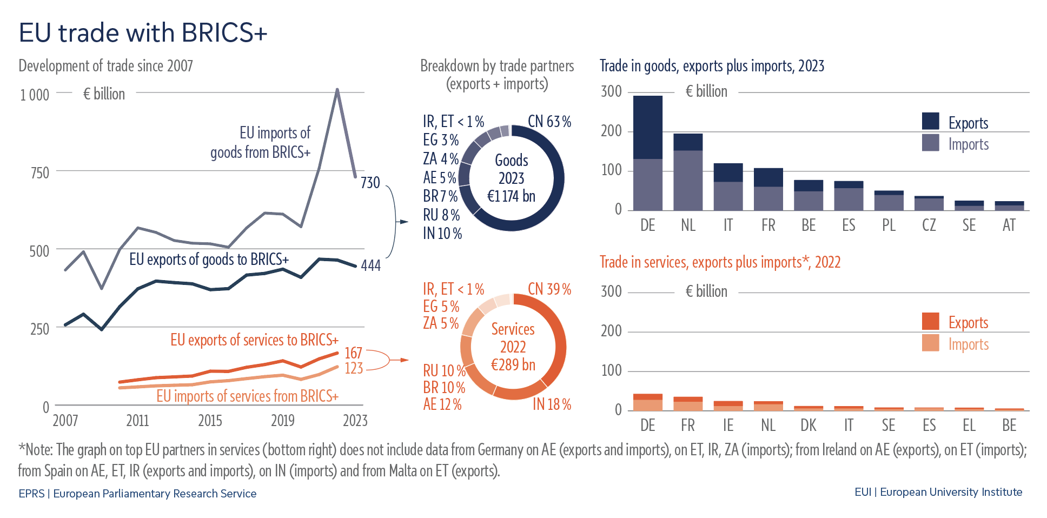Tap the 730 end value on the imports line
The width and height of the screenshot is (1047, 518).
[370, 183]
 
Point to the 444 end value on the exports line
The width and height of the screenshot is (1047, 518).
[371, 265]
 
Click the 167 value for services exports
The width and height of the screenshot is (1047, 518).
[353, 353]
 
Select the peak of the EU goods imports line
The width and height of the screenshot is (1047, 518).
[337, 90]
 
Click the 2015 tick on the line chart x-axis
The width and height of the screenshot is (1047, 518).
[210, 421]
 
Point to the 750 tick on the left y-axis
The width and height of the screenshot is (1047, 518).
[39, 173]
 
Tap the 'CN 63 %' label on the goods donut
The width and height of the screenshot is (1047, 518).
[549, 122]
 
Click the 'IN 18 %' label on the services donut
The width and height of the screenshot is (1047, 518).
[552, 404]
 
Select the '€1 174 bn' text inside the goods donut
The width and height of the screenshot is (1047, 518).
[511, 196]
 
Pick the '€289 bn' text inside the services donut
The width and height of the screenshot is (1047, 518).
[513, 365]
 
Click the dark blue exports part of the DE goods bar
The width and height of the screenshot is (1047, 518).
[647, 127]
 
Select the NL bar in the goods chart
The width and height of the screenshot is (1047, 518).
[688, 172]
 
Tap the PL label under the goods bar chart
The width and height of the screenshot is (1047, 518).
[889, 225]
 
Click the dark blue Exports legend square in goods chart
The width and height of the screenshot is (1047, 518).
[930, 121]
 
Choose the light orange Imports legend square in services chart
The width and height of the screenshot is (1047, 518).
[930, 343]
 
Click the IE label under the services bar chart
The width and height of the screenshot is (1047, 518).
[728, 426]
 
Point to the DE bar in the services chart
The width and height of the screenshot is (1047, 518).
[647, 403]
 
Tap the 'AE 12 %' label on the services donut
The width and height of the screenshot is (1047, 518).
[442, 404]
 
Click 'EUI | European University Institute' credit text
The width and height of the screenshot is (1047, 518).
[938, 492]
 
